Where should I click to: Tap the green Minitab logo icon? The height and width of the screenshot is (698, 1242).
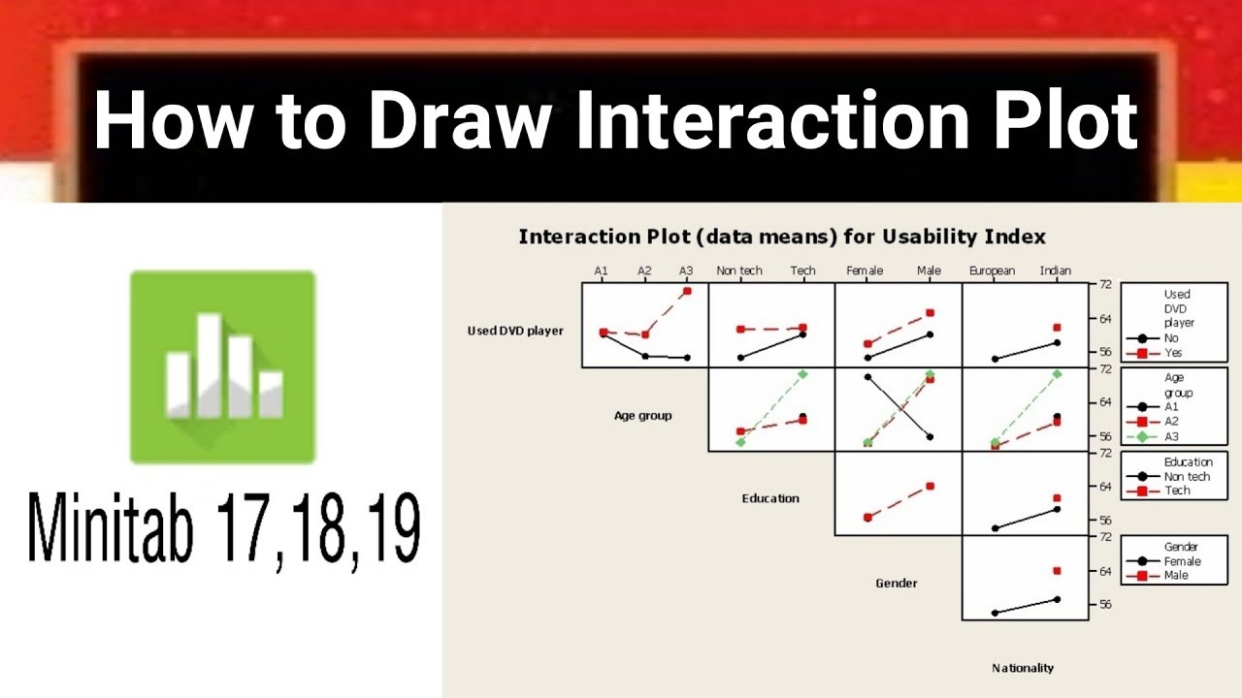click(223, 366)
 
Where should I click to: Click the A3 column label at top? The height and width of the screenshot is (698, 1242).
click(686, 270)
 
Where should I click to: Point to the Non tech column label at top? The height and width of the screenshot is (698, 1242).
click(739, 270)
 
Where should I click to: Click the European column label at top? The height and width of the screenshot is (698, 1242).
click(992, 270)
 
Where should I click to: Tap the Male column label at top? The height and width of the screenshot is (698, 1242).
click(929, 270)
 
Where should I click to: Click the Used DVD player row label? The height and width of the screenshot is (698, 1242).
click(515, 332)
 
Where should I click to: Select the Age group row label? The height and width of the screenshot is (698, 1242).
click(642, 416)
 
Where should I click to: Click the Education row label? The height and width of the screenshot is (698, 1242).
click(770, 498)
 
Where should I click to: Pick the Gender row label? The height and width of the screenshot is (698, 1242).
click(896, 583)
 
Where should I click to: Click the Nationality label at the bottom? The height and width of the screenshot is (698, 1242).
click(1023, 667)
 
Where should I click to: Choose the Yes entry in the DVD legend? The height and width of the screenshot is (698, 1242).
click(1173, 353)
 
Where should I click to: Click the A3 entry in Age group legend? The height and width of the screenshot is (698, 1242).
click(1171, 436)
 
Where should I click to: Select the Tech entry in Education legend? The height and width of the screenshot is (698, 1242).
click(1177, 491)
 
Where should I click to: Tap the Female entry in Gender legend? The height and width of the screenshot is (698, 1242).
click(1182, 561)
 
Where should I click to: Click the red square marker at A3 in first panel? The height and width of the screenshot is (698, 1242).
click(687, 291)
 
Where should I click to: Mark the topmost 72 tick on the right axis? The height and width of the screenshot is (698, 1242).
click(1104, 284)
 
